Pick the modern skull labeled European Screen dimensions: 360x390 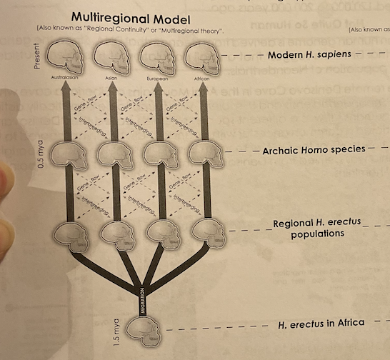(156, 56)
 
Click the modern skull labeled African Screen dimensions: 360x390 (201, 56)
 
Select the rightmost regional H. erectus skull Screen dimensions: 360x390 (206, 232)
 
